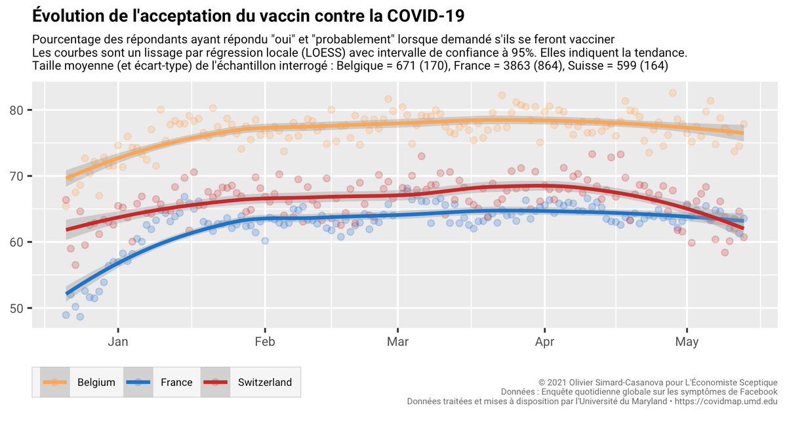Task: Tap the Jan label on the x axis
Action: click(118, 342)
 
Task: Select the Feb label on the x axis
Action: click(265, 342)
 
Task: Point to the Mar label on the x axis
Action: click(397, 342)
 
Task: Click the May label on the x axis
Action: click(687, 342)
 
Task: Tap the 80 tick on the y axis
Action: click(18, 110)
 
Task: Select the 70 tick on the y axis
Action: click(18, 177)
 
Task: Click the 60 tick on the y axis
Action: click(18, 242)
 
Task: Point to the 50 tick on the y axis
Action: click(18, 308)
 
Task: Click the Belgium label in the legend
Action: click(96, 383)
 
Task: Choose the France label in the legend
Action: click(176, 383)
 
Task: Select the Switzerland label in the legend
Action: click(265, 383)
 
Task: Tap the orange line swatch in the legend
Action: click(56, 383)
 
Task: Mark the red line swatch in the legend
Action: click(216, 383)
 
